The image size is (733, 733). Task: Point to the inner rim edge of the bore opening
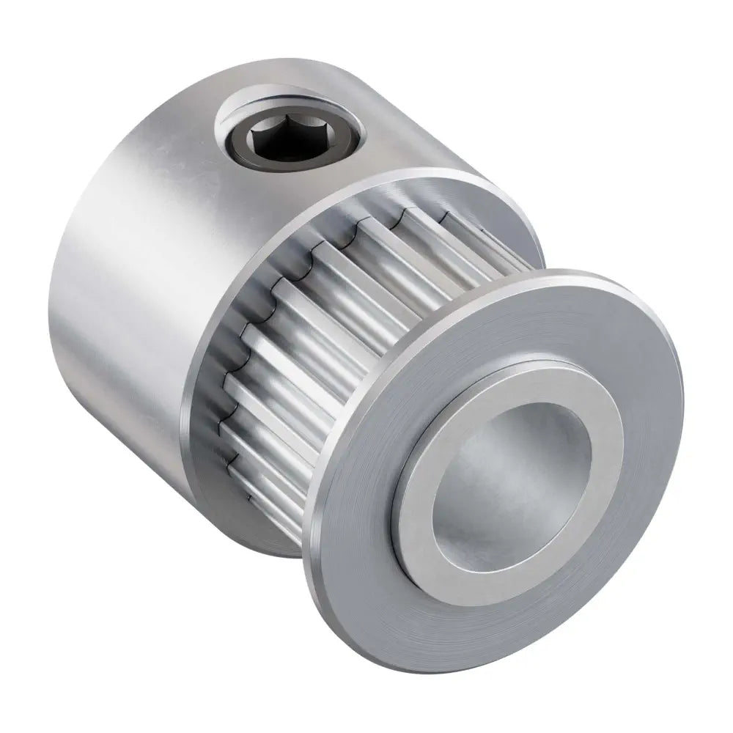click(440, 469)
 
